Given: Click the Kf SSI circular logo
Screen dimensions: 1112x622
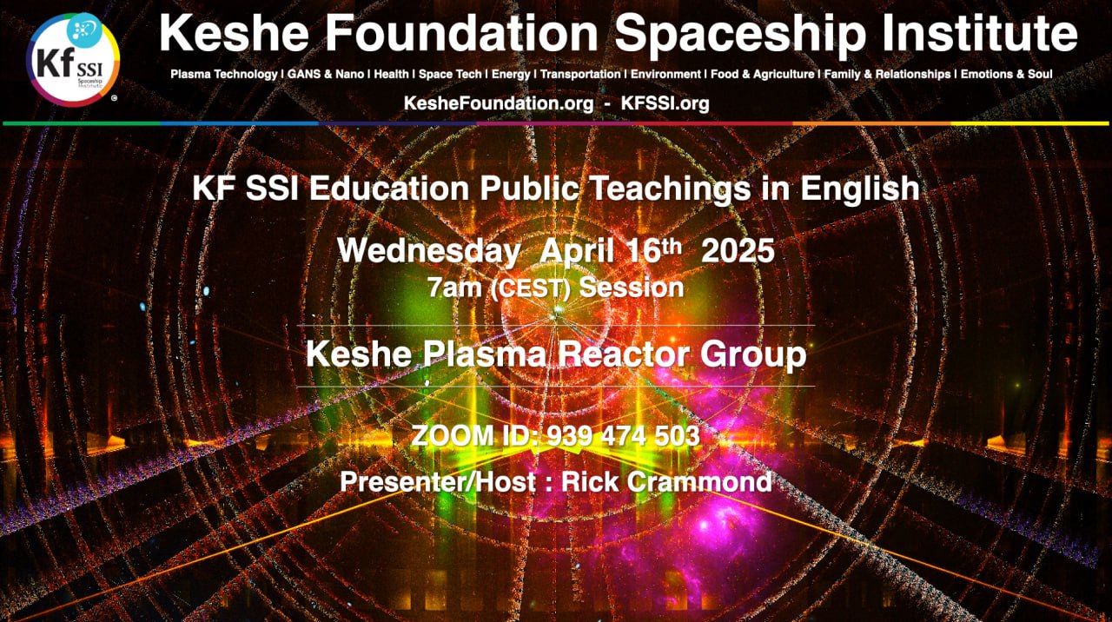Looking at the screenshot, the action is tap(73, 59).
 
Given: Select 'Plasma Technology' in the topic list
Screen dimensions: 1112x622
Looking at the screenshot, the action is tap(224, 75).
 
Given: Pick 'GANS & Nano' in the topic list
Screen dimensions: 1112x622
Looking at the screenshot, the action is tap(326, 75).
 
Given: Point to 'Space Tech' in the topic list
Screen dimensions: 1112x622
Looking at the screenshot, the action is tap(450, 75).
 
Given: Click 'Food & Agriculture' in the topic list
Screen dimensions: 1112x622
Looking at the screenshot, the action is tap(763, 75).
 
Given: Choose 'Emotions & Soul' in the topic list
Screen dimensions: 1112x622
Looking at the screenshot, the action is tap(1006, 75).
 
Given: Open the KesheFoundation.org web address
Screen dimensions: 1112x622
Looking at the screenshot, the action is tap(499, 103).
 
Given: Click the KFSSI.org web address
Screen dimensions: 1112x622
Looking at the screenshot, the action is tap(665, 103).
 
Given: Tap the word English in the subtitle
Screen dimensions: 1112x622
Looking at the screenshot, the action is tap(860, 189).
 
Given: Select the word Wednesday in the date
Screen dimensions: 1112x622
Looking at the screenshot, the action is tap(429, 251).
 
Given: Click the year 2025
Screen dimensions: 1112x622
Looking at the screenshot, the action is tap(738, 250).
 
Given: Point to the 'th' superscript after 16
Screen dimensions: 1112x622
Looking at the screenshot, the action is tap(672, 247).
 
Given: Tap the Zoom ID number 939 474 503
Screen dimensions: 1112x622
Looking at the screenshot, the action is tap(624, 436).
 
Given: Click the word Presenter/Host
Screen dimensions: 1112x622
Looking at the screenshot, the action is tap(438, 482).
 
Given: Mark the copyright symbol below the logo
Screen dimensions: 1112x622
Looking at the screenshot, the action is tap(114, 98).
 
